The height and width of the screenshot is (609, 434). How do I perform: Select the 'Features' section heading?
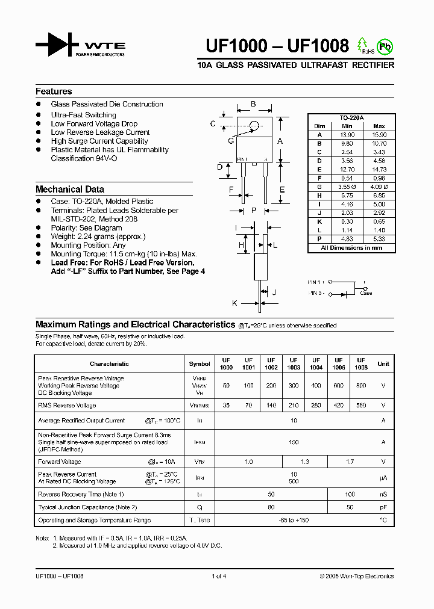point(54,91)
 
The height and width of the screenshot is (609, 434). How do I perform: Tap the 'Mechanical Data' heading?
point(70,189)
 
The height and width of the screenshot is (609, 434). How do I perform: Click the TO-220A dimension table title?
point(351,119)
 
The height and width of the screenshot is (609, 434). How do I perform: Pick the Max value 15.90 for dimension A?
point(379,135)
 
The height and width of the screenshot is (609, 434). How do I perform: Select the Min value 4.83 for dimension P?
point(347,239)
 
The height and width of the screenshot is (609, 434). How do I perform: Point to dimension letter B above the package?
point(253,104)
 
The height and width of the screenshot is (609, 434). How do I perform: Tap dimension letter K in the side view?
point(234,303)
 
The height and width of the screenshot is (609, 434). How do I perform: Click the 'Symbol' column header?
point(200,364)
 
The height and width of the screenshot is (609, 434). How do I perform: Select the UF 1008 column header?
point(360,363)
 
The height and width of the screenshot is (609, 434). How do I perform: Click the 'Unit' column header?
point(383,364)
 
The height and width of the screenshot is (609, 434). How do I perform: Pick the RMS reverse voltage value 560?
point(360,406)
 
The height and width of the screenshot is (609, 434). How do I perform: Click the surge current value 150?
point(294,442)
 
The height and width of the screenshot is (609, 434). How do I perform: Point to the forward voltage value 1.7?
point(350,462)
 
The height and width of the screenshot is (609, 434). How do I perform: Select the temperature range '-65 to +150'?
point(294,520)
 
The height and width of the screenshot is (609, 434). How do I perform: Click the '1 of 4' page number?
point(219,576)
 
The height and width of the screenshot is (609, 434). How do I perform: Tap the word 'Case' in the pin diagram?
point(366,293)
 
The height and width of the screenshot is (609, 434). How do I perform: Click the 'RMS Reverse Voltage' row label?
point(67,406)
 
